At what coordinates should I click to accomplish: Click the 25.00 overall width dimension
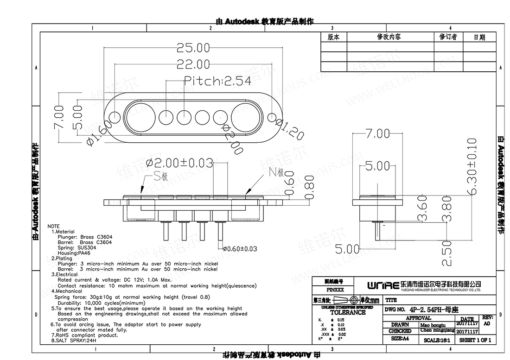point(192,47)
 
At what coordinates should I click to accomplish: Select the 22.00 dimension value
point(192,64)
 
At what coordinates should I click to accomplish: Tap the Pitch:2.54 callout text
point(218,81)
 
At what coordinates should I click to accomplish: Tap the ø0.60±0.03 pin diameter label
point(240,249)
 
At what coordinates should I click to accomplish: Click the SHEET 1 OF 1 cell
point(475,340)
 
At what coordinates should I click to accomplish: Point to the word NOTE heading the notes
point(54,226)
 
